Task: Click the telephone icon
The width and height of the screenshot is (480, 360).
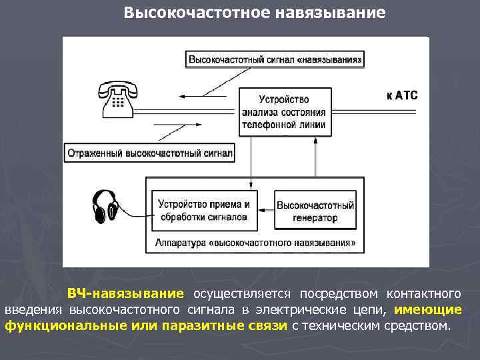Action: [x=118, y=98]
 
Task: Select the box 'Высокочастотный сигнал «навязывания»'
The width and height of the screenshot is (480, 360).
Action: [x=276, y=59]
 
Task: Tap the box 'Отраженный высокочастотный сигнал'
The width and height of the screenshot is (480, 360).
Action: [x=149, y=153]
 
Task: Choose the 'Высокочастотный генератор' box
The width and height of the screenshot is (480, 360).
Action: [x=315, y=211]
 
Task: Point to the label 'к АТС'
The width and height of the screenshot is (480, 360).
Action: [x=402, y=95]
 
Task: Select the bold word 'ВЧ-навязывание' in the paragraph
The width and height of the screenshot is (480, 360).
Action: [x=125, y=294]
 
